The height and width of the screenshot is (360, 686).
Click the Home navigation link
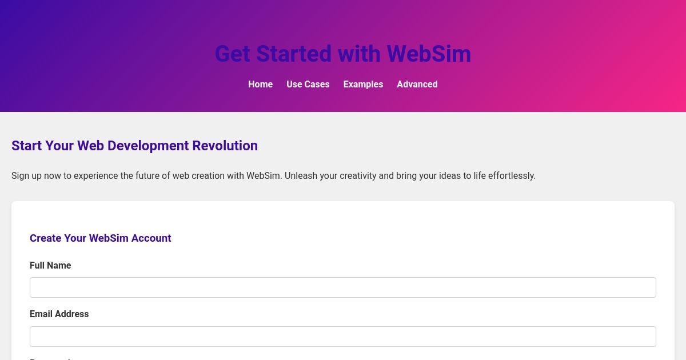[260, 84]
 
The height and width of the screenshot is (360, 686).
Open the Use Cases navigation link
[308, 84]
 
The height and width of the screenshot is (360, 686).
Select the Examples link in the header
[363, 84]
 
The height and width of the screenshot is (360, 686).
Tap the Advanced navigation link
[417, 84]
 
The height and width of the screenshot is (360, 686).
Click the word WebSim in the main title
[429, 54]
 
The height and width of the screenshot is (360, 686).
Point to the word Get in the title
[233, 54]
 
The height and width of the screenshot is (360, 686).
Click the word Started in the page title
[293, 54]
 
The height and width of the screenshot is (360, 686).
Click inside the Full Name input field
[342, 287]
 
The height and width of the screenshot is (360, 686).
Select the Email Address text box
[342, 337]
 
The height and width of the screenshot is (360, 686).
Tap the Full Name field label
[50, 266]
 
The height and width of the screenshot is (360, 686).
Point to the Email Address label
[59, 314]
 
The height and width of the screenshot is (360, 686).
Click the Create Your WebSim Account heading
[100, 238]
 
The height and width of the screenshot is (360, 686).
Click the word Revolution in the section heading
[225, 146]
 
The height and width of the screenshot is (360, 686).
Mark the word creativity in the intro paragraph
[358, 176]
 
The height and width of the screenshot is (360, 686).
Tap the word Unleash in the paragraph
[301, 176]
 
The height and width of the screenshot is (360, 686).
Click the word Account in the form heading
[151, 238]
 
